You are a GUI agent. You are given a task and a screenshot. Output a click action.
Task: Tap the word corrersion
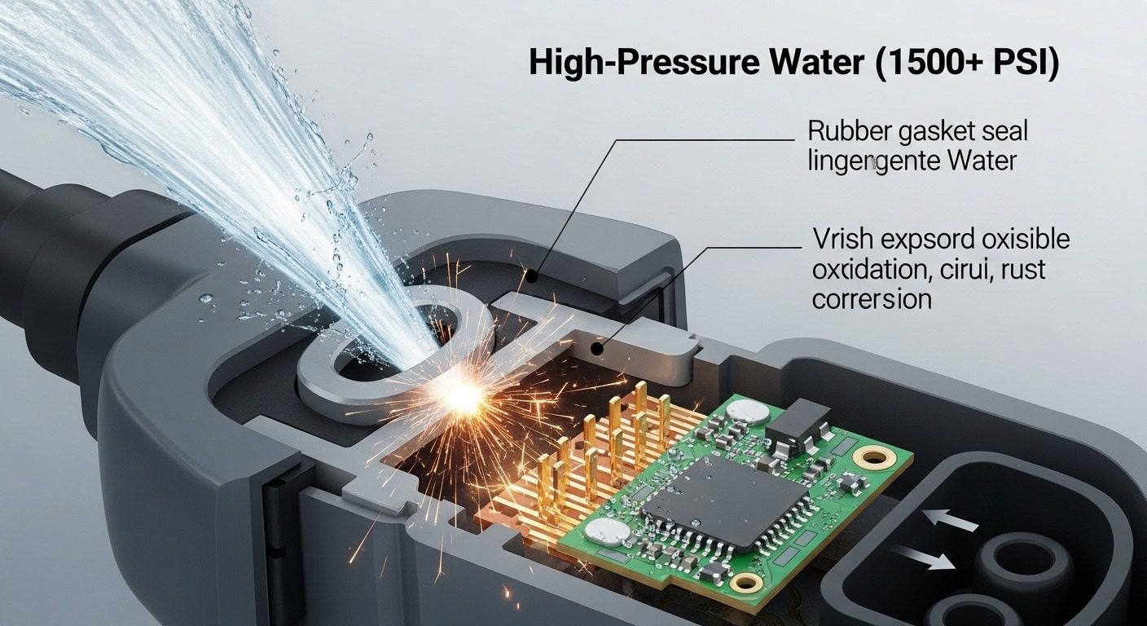pyautogui.click(x=871, y=298)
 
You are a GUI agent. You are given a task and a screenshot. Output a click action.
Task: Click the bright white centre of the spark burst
pyautogui.click(x=461, y=396)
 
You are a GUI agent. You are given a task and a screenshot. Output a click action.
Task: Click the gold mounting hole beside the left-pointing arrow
pyautogui.click(x=879, y=457)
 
